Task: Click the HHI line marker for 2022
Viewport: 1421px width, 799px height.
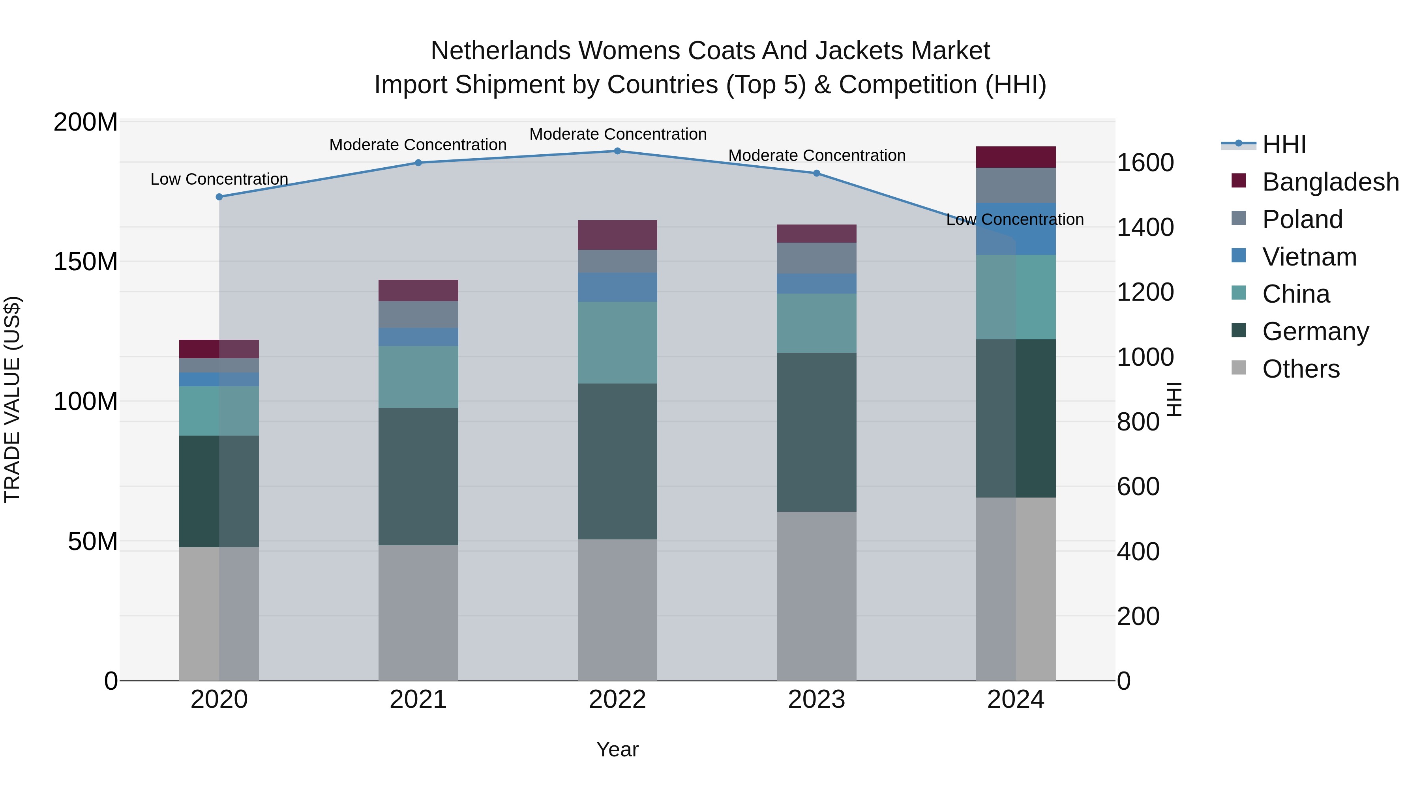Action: click(x=617, y=151)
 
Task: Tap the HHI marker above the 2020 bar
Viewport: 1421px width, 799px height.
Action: click(x=219, y=197)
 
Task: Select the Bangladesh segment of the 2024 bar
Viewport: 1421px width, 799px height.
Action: click(x=1016, y=157)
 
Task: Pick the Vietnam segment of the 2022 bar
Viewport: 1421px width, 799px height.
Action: click(x=617, y=287)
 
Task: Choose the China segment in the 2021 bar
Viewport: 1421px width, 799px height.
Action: click(x=418, y=377)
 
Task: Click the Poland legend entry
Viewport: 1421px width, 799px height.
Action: click(x=1302, y=219)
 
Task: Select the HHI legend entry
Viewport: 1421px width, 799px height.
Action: click(x=1284, y=144)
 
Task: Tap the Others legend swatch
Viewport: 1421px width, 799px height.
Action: click(x=1238, y=368)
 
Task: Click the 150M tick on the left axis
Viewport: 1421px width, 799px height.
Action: click(x=86, y=262)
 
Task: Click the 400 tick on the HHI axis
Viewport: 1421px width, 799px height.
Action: click(x=1138, y=552)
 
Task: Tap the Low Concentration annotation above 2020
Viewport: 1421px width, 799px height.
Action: click(x=219, y=179)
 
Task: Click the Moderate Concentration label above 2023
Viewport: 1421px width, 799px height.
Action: click(x=816, y=155)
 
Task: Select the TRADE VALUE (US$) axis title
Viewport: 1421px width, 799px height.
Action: click(x=12, y=399)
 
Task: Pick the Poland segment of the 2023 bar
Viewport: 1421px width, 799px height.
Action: click(x=816, y=258)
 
